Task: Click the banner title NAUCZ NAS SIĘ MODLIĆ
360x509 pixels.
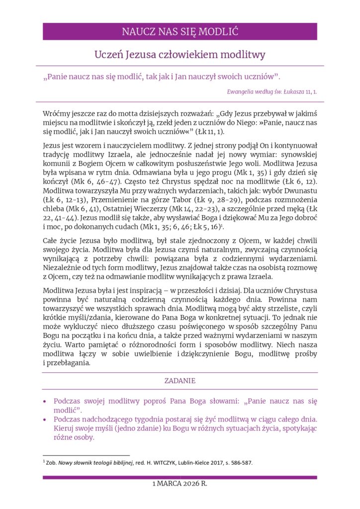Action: point(180,32)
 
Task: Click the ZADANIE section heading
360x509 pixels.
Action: point(180,381)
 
